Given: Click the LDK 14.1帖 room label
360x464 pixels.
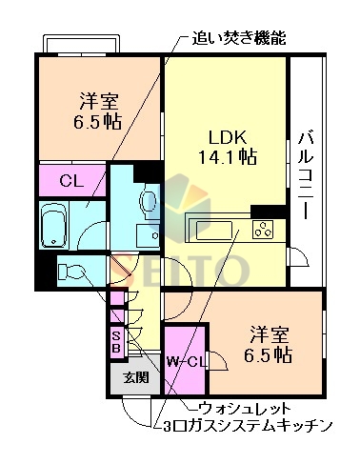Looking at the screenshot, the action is tap(228, 147).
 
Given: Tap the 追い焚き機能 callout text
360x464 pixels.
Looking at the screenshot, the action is tap(239, 38).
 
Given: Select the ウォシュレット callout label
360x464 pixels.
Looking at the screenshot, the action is tap(245, 409).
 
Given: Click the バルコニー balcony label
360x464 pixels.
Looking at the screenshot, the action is tap(306, 175).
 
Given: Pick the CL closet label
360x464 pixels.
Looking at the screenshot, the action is tap(71, 181).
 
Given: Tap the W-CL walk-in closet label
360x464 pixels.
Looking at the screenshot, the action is tap(187, 362).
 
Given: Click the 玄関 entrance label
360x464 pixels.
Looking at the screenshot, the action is tap(136, 378).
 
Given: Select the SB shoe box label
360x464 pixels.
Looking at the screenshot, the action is tap(117, 342).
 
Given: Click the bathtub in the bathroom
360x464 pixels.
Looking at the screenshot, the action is tap(54, 225).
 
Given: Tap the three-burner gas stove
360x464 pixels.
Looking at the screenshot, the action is tap(263, 230).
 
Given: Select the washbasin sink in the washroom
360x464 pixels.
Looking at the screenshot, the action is tap(148, 235).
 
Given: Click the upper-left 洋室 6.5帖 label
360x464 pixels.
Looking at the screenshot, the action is tap(98, 111).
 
